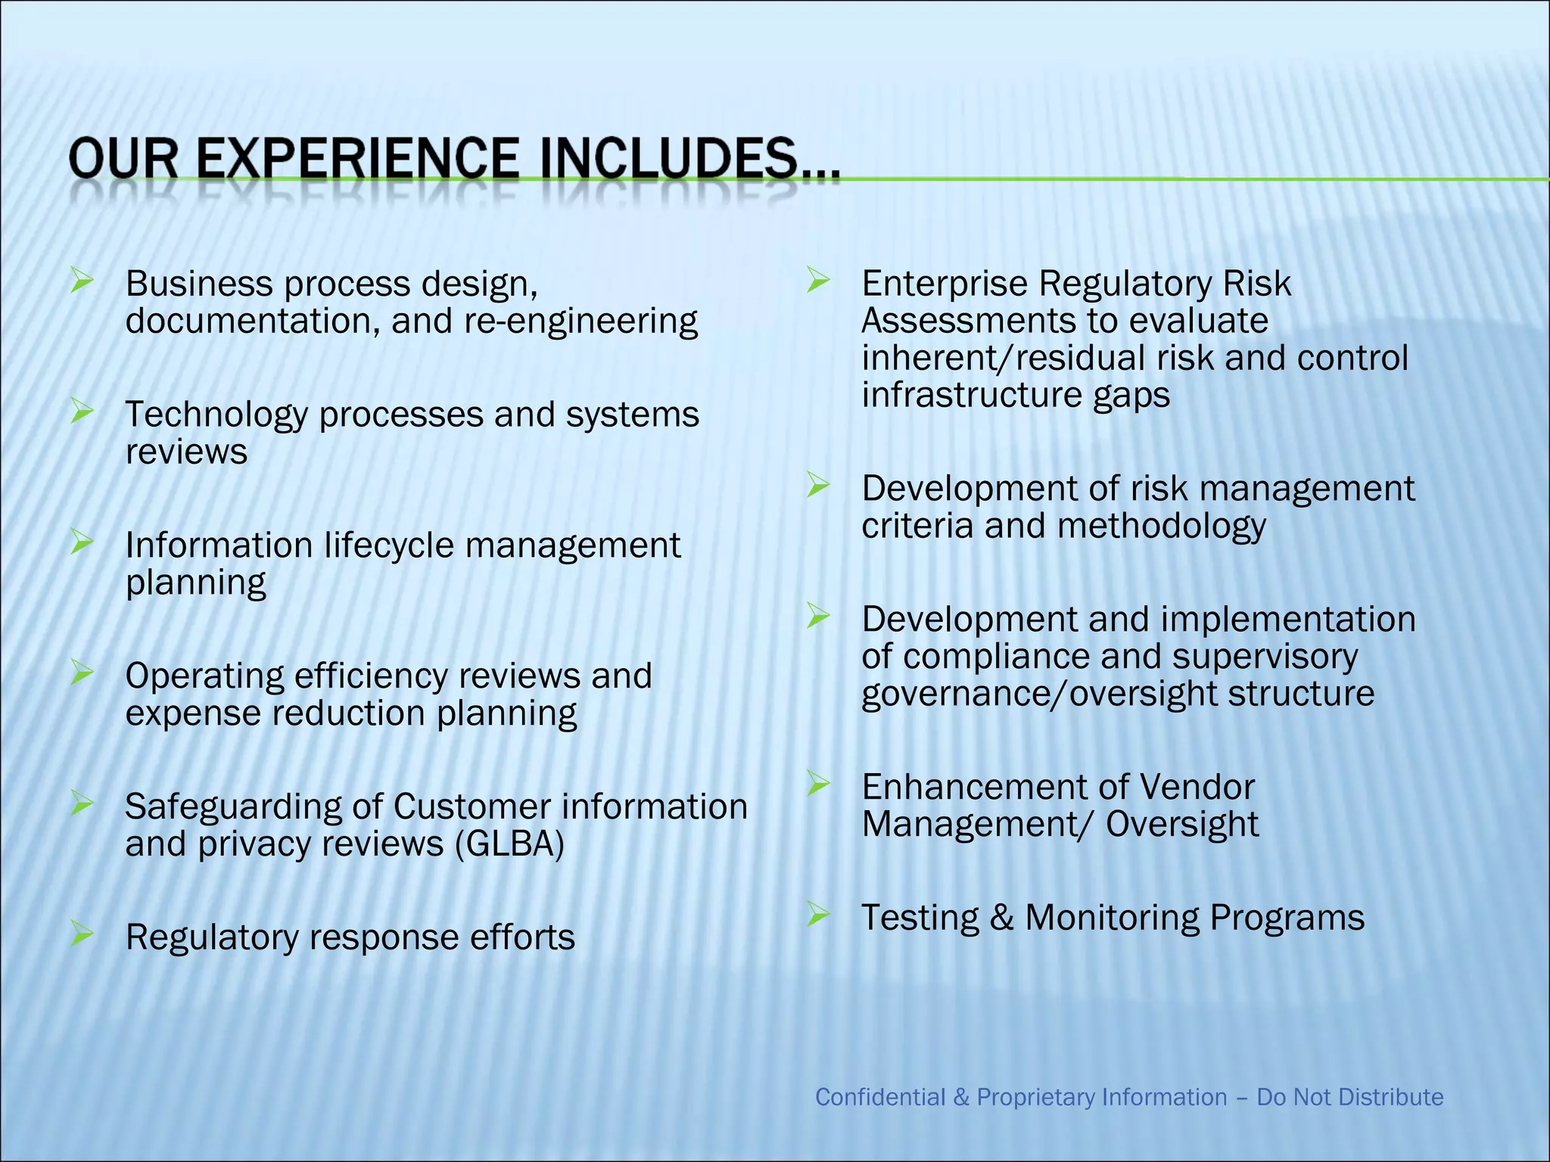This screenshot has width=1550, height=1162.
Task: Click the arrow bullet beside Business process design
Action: [x=81, y=281]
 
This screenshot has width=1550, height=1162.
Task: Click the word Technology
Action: [x=216, y=415]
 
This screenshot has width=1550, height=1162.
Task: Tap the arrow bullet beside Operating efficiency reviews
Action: [x=81, y=673]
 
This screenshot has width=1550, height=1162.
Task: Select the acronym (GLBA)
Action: [x=509, y=844]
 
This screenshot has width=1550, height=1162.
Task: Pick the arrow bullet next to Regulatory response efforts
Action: [x=81, y=934]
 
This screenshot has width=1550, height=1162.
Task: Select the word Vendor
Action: [x=1196, y=787]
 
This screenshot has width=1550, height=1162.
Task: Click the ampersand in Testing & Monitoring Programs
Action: [x=1001, y=918]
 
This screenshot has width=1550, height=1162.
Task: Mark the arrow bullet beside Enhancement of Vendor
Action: [x=817, y=784]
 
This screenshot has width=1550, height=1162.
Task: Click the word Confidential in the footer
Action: [x=880, y=1097]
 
